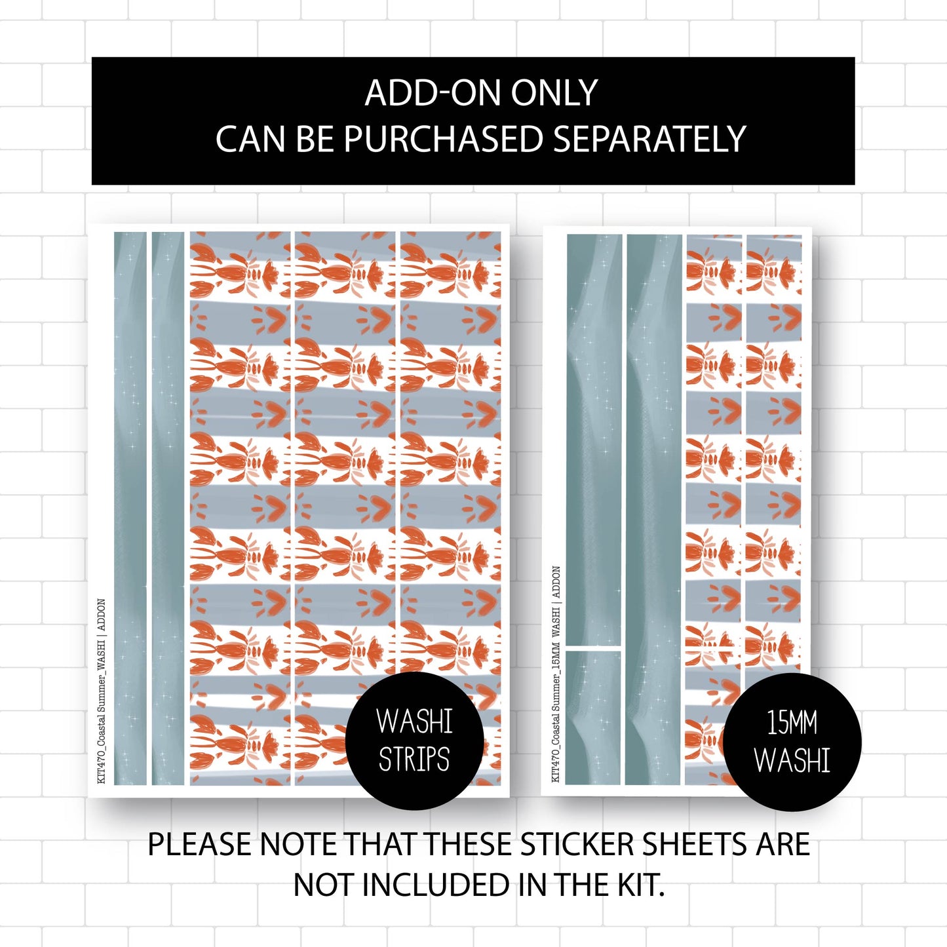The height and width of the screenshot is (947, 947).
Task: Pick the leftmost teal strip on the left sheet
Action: (x=130, y=508)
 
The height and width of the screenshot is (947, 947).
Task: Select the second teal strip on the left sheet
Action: (x=168, y=508)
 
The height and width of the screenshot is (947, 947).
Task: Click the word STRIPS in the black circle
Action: (x=414, y=760)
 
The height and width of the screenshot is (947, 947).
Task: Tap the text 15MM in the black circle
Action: (x=792, y=724)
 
